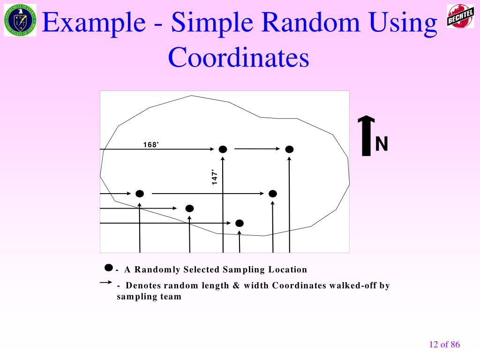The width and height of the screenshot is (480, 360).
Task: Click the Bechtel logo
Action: pyautogui.click(x=460, y=16)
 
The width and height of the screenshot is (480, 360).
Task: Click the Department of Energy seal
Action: pyautogui.click(x=20, y=20)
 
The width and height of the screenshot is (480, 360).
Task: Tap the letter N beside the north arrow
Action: pyautogui.click(x=382, y=144)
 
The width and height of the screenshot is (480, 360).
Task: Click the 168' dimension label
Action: pyautogui.click(x=151, y=144)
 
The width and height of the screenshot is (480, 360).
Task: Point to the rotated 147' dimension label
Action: pyautogui.click(x=215, y=177)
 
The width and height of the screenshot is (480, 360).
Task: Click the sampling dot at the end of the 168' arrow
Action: pyautogui.click(x=223, y=150)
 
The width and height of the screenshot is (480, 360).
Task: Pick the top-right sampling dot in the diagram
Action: pyautogui.click(x=289, y=150)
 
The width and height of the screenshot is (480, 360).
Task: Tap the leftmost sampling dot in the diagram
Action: pyautogui.click(x=139, y=194)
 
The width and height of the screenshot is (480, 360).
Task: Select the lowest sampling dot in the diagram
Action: pyautogui.click(x=239, y=223)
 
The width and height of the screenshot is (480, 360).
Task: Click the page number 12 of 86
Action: pyautogui.click(x=444, y=345)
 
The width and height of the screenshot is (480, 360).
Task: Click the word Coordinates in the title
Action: pyautogui.click(x=239, y=58)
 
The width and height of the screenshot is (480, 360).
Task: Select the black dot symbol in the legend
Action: pyautogui.click(x=109, y=268)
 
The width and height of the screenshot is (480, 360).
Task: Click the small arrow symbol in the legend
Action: pyautogui.click(x=105, y=283)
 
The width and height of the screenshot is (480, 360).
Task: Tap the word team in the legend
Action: pyautogui.click(x=171, y=297)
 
